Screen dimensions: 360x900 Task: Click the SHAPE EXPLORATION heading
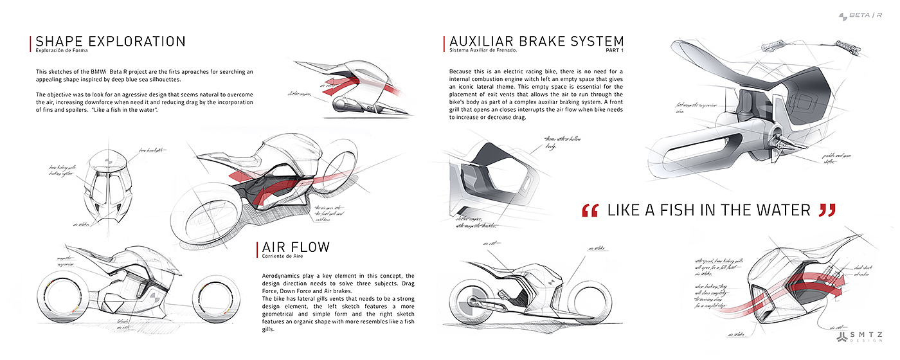point(111,42)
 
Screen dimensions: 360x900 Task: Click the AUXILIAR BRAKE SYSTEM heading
point(536,42)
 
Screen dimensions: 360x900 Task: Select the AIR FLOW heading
point(296,248)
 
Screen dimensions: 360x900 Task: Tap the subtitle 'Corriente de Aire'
point(281,257)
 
